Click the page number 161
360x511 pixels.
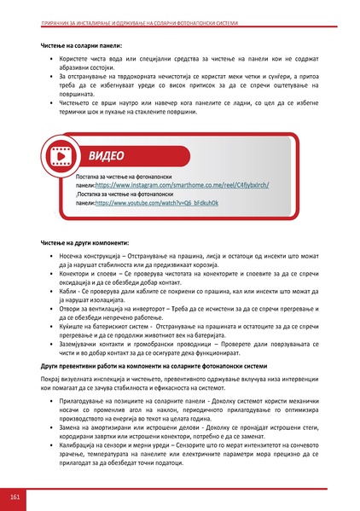pyautogui.click(x=15, y=496)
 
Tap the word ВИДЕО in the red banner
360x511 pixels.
pyautogui.click(x=105, y=156)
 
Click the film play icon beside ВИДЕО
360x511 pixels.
pyautogui.click(x=61, y=156)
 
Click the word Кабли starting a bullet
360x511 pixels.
pyautogui.click(x=67, y=292)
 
